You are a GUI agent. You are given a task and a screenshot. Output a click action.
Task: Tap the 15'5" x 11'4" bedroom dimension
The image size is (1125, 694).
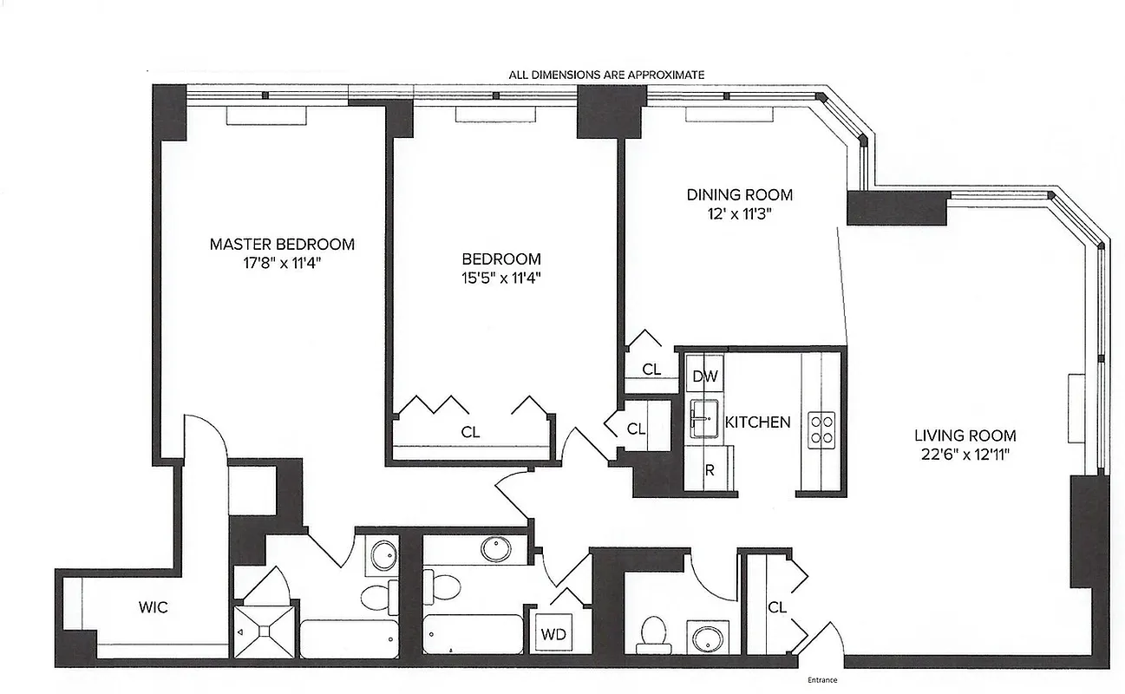pos(501,278)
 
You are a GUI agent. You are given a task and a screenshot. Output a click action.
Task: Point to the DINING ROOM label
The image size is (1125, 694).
pos(739,195)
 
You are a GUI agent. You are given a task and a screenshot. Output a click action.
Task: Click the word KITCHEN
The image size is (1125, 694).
pos(757,422)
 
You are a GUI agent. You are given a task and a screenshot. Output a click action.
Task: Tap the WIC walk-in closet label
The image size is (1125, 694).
pos(153,607)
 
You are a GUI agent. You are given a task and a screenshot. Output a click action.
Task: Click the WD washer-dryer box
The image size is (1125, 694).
pos(553,634)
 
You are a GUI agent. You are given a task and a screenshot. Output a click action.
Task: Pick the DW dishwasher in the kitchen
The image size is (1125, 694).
pos(705,376)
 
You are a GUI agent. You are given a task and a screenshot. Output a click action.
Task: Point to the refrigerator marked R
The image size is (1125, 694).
pos(709,471)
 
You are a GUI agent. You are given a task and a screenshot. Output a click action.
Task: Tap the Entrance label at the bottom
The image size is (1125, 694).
pos(821,679)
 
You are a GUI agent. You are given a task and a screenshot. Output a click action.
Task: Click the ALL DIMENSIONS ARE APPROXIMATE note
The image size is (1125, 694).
pos(606,75)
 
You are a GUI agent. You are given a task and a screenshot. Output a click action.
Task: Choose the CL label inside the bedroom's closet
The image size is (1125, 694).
pos(471,431)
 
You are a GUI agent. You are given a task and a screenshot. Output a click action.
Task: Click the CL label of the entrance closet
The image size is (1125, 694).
pos(776,607)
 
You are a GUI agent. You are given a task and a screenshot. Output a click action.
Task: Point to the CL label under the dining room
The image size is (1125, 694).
pos(651,370)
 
